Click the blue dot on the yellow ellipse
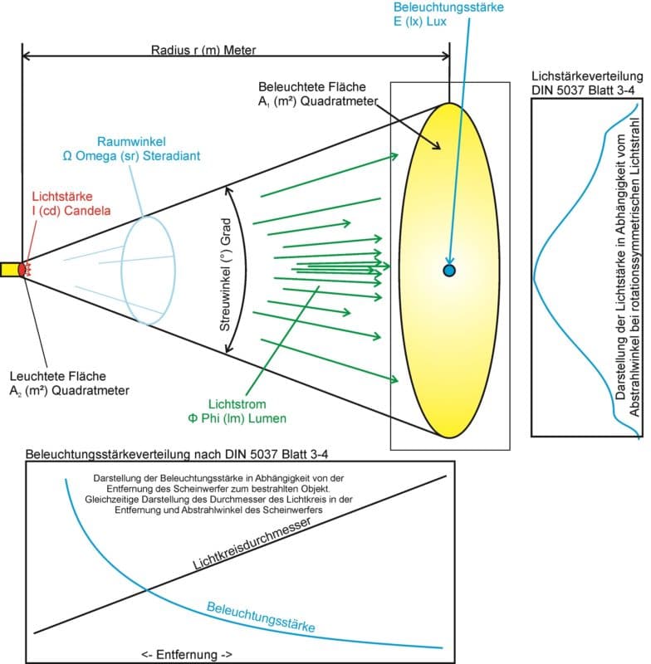(449, 271)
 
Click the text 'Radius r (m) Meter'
(203, 49)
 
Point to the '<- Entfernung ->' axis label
(187, 654)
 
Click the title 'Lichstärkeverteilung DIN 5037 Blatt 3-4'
(586, 93)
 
